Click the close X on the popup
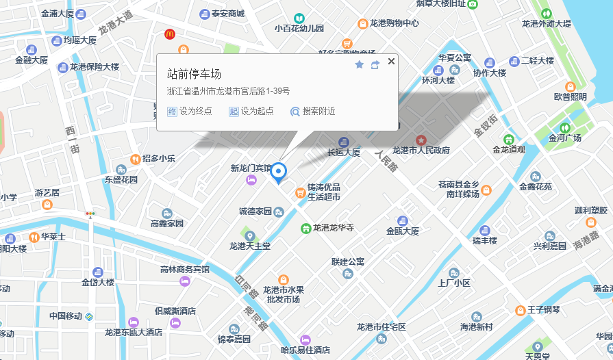(391, 62)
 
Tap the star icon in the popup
(360, 64)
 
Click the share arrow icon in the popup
(375, 65)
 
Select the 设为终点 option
(190, 111)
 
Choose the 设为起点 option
(251, 111)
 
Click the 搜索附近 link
(313, 111)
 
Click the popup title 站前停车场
(194, 74)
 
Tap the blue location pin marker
(279, 173)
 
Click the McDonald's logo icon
(169, 34)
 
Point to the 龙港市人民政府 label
(421, 151)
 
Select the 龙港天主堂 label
(250, 245)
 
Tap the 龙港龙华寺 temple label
(333, 228)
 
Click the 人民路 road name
(386, 162)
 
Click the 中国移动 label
(66, 316)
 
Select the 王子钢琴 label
(544, 310)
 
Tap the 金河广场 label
(564, 138)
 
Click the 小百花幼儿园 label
(299, 28)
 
